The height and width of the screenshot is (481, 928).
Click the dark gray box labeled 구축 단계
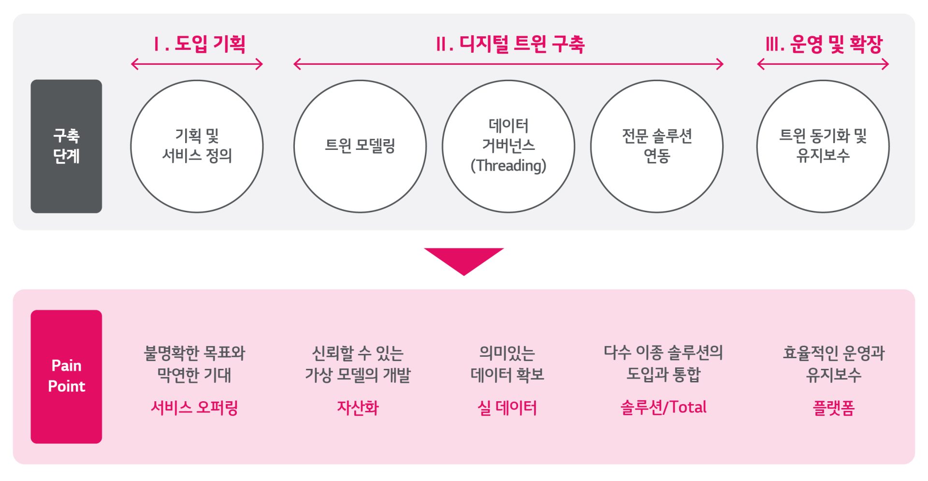coord(66,146)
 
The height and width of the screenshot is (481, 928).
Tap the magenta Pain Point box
coord(66,376)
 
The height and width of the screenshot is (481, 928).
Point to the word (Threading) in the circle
coord(508,166)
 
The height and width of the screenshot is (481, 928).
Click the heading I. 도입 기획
coord(200,44)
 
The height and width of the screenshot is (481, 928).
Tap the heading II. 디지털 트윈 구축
coord(510,44)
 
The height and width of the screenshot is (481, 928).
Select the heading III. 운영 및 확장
coord(824,44)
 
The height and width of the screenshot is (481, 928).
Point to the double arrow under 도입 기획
coord(197,64)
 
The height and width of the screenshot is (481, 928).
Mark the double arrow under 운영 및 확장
coord(823,64)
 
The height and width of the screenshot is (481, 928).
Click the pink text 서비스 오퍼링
coord(194,408)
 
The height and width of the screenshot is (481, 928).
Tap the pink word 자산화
coord(358,408)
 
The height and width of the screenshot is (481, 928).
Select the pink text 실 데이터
coord(507,408)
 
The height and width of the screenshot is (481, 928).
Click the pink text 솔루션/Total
coord(663,408)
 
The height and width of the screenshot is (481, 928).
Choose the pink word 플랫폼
coord(833,408)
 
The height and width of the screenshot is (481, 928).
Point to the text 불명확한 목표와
coord(194,353)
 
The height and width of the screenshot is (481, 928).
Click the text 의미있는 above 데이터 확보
coord(507,353)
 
